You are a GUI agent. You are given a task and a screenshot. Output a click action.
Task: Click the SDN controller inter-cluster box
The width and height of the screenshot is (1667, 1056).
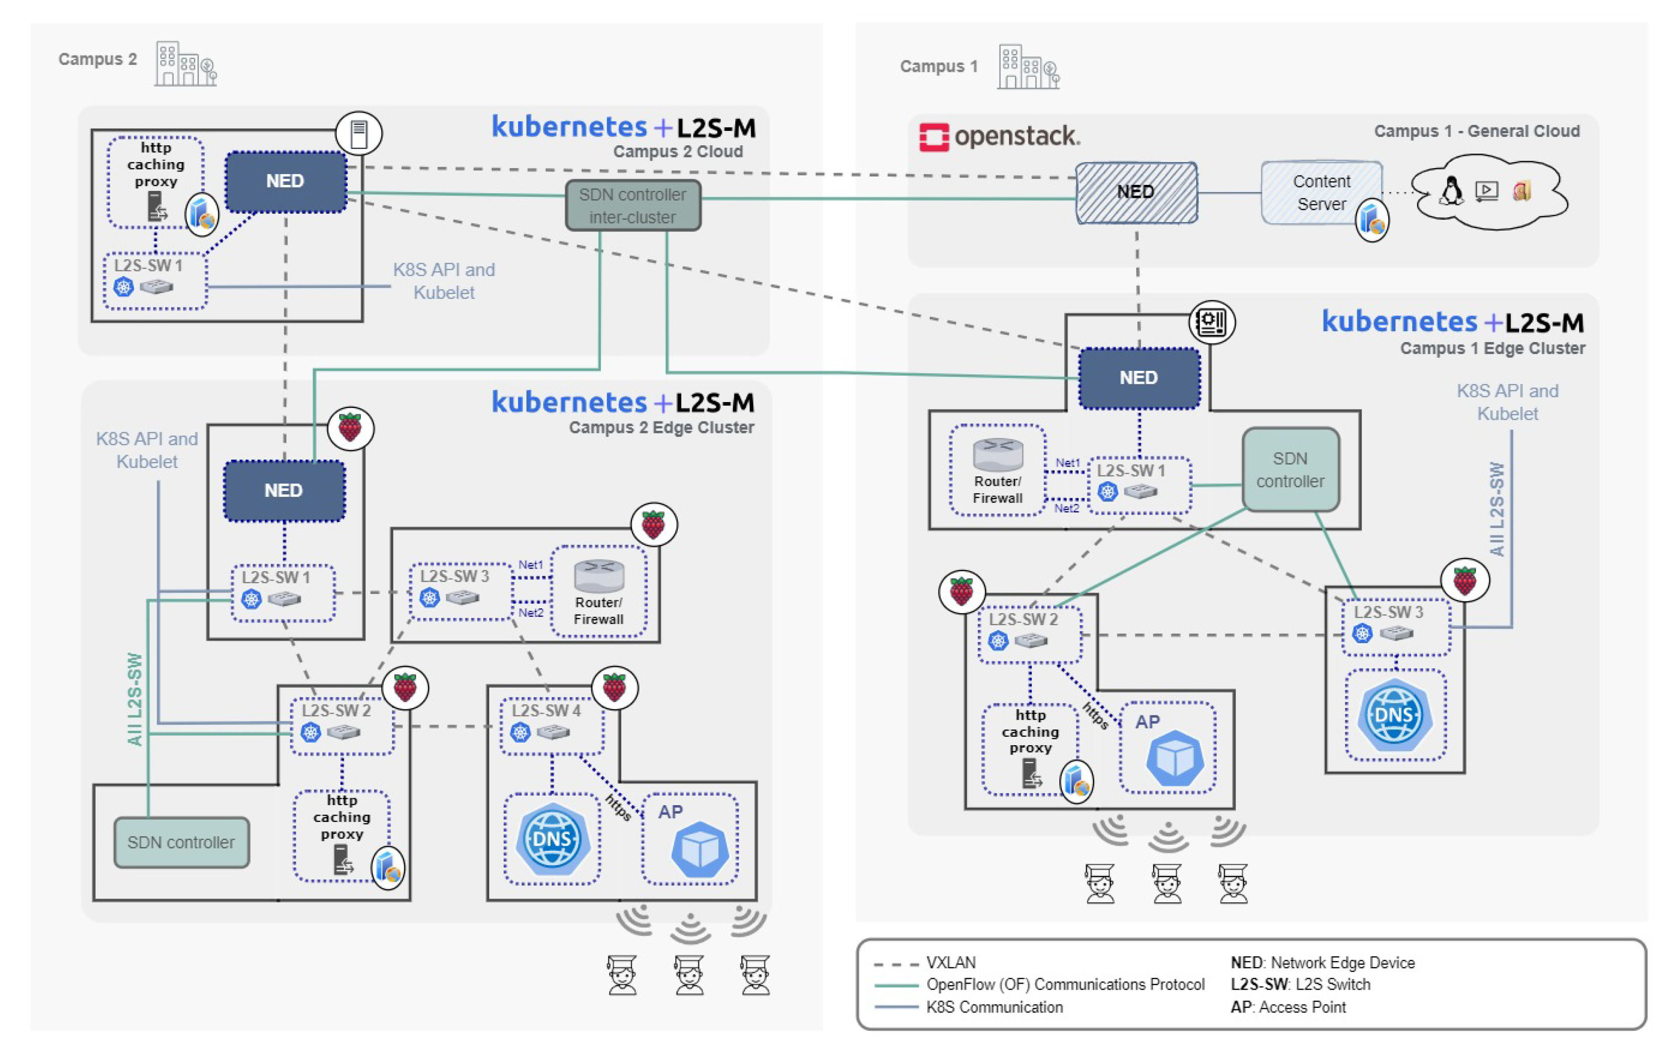[633, 206]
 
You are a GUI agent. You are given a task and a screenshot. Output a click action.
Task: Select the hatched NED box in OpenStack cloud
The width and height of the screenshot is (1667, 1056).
[1136, 192]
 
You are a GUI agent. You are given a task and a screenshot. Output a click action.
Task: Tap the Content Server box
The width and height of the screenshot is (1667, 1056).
[1321, 192]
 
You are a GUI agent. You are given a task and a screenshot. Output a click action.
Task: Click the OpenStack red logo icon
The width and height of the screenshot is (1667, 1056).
[933, 137]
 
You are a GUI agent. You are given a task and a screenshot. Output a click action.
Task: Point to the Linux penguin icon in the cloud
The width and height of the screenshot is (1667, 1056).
[1450, 190]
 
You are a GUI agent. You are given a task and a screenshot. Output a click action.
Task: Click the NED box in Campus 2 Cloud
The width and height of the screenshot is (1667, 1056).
[285, 181]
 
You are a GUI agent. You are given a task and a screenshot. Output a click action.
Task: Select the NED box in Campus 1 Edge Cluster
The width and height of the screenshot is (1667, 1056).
[1139, 378]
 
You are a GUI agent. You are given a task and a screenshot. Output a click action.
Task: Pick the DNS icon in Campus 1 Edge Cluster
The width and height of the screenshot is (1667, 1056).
[1394, 715]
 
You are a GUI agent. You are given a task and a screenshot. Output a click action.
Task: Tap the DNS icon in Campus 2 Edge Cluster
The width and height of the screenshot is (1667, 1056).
[552, 839]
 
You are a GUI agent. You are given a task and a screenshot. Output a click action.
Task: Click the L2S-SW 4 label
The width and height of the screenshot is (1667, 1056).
[546, 710]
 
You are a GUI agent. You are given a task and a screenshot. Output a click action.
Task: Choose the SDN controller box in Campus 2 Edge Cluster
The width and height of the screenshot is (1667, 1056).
[182, 842]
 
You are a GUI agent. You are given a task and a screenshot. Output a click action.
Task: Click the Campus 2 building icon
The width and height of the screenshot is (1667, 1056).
[185, 64]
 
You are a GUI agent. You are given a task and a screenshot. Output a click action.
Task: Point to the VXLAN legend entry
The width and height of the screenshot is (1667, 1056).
[951, 963]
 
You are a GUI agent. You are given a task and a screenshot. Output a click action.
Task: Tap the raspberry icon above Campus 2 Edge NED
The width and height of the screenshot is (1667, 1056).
[350, 428]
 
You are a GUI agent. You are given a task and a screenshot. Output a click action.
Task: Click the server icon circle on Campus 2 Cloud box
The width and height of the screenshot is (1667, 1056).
[359, 133]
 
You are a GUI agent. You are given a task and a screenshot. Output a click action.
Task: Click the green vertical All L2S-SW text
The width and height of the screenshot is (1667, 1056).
[135, 699]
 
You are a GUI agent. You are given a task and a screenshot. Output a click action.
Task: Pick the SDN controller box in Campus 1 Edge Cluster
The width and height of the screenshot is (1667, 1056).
[1290, 470]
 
